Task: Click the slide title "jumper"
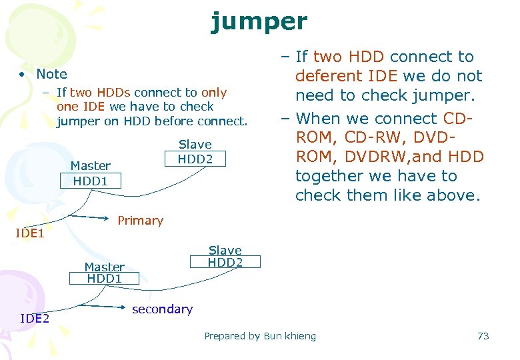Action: click(259, 21)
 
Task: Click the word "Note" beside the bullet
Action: click(51, 74)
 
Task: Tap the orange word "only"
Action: click(214, 92)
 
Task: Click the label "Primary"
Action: click(140, 221)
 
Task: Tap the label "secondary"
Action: click(162, 309)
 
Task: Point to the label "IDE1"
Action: click(30, 233)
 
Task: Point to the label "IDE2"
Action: click(35, 318)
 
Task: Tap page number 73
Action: click(483, 336)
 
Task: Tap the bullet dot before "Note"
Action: click(23, 74)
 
